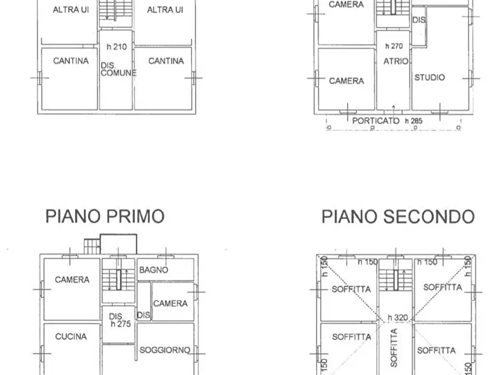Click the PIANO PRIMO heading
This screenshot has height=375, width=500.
pyautogui.click(x=105, y=216)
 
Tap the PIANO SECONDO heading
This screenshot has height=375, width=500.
pyautogui.click(x=398, y=216)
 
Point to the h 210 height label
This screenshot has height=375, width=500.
pyautogui.click(x=116, y=46)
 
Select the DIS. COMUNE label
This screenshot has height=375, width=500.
pyautogui.click(x=118, y=69)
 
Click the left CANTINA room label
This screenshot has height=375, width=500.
pyautogui.click(x=71, y=61)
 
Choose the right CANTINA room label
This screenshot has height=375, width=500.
pyautogui.click(x=166, y=61)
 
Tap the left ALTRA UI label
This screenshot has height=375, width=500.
pyautogui.click(x=71, y=10)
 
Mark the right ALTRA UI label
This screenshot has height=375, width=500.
pyautogui.click(x=165, y=10)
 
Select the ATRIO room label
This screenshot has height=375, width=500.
pyautogui.click(x=396, y=62)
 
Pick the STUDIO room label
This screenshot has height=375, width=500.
pyautogui.click(x=429, y=77)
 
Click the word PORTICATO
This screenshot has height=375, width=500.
pyautogui.click(x=376, y=120)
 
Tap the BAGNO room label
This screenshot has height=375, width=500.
pyautogui.click(x=153, y=269)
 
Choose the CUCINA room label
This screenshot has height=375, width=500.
pyautogui.click(x=71, y=336)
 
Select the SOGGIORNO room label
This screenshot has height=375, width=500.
pyautogui.click(x=165, y=350)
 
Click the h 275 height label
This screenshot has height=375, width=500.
pyautogui.click(x=121, y=324)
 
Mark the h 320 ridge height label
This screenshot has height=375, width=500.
pyautogui.click(x=396, y=317)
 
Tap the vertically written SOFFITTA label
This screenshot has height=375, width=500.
pyautogui.click(x=394, y=348)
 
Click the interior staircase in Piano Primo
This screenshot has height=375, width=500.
pyautogui.click(x=118, y=279)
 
